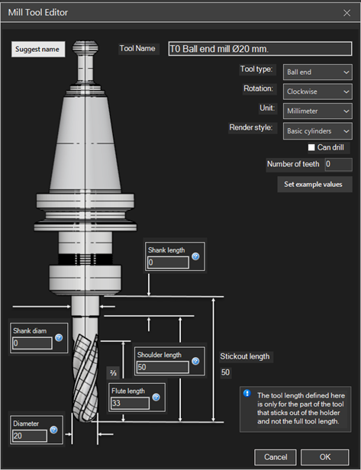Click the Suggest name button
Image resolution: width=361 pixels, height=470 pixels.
[38, 49]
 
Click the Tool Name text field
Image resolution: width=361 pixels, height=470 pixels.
[260, 49]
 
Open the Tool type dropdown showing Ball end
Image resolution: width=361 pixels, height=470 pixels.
[317, 72]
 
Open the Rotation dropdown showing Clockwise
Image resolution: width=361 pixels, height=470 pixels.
[317, 92]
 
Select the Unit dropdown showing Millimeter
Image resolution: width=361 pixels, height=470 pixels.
[317, 111]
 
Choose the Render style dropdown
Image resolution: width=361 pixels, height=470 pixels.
[317, 131]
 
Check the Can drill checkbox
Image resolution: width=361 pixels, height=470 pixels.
[311, 147]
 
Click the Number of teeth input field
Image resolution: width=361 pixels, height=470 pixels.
[339, 164]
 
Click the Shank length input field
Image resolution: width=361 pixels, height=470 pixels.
[168, 262]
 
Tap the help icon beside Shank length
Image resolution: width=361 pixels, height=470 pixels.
[195, 256]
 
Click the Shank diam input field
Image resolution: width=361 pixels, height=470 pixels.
[32, 343]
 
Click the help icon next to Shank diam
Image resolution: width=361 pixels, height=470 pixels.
[59, 338]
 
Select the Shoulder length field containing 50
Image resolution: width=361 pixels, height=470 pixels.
[163, 367]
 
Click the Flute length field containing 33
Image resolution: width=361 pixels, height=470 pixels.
[130, 403]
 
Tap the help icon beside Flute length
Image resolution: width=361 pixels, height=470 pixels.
[156, 398]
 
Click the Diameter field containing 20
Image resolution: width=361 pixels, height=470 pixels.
[29, 436]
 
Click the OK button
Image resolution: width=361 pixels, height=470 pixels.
[325, 457]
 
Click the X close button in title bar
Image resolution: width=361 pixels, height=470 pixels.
[347, 13]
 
